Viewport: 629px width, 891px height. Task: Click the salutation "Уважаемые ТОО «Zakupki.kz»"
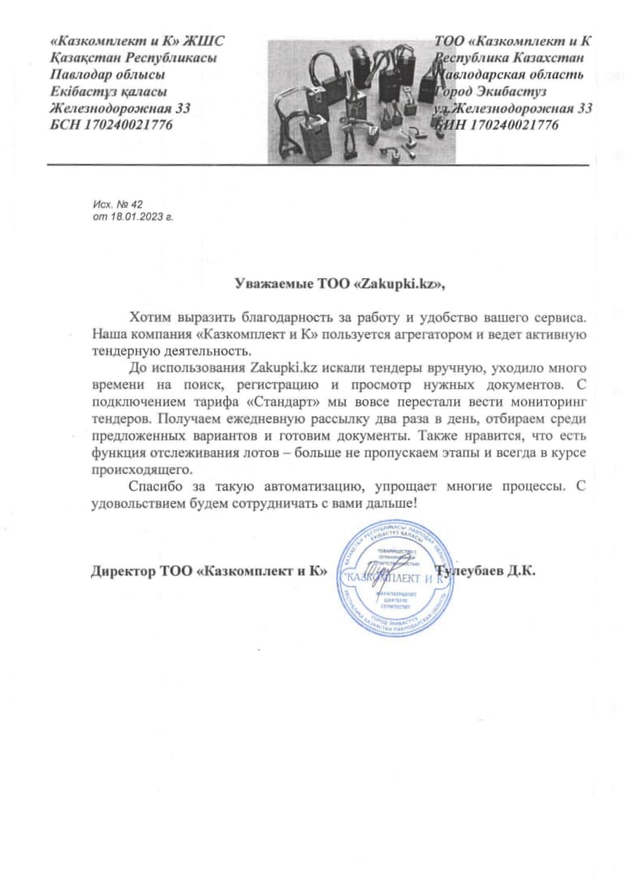click(x=340, y=284)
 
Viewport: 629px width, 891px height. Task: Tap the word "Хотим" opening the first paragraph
click(x=150, y=315)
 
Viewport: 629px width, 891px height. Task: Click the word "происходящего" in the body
click(x=142, y=469)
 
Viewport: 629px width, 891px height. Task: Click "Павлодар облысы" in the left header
click(x=102, y=74)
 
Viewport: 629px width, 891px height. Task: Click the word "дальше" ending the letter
click(x=391, y=504)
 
